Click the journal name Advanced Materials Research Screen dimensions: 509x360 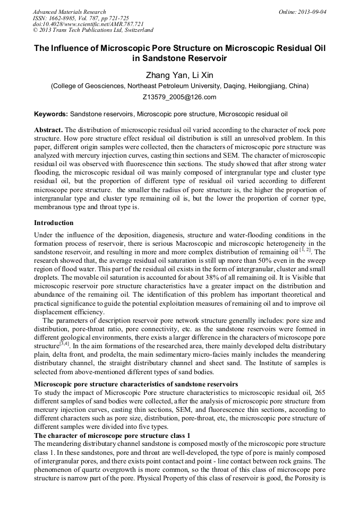(69, 12)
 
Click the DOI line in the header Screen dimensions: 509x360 (88, 24)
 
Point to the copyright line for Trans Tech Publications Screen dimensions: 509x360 (93, 30)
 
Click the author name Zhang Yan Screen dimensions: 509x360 (163, 74)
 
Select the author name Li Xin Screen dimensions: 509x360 (203, 74)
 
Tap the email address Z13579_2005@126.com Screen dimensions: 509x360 (179, 97)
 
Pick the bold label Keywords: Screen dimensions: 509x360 (51, 114)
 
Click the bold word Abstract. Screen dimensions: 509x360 (48, 130)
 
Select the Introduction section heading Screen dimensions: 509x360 (54, 222)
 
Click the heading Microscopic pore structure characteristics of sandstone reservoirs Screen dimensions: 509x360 (136, 384)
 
